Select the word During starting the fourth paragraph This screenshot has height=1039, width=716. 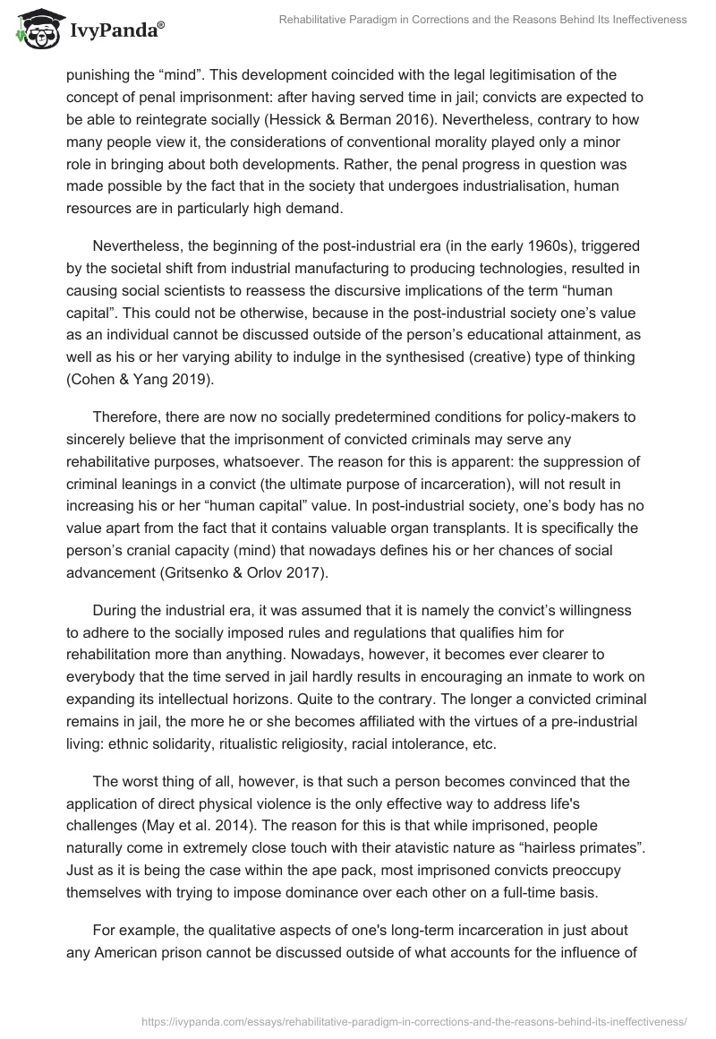pos(119,611)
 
